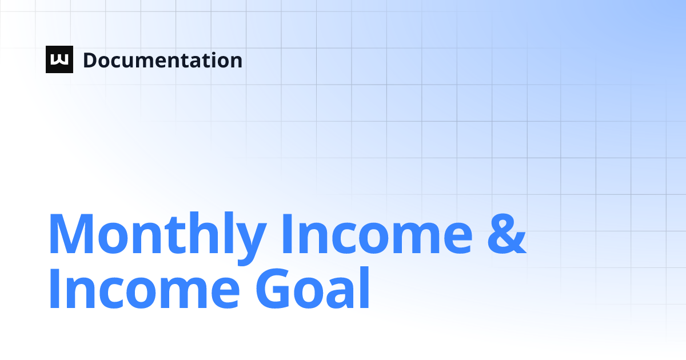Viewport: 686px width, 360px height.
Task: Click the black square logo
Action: coord(59,59)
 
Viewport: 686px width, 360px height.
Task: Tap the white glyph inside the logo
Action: coord(59,60)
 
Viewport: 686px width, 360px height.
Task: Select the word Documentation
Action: coord(162,60)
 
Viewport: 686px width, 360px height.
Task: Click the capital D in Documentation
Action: coord(89,60)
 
